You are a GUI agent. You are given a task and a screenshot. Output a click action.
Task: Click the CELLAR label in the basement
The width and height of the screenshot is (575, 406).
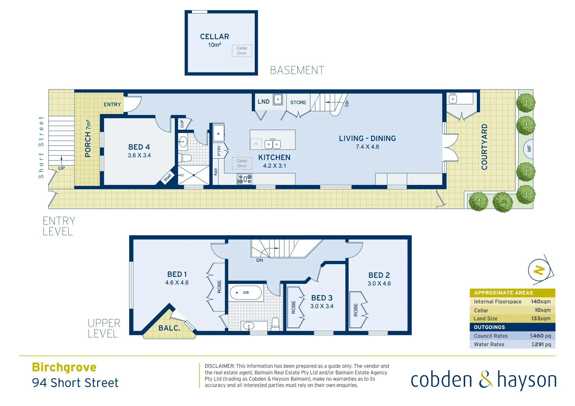(x=214, y=36)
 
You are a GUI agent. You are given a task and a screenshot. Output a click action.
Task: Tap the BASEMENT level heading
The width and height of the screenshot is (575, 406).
(x=297, y=70)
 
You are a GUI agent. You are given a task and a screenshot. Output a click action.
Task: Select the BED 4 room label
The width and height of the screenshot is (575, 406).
(x=139, y=147)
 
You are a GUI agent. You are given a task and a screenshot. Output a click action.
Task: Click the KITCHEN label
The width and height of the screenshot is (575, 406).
(x=274, y=158)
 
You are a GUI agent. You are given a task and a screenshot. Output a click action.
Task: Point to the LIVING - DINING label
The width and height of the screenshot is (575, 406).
(x=367, y=138)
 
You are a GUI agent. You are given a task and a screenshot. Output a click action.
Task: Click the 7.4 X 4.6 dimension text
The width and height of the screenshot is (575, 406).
(x=367, y=147)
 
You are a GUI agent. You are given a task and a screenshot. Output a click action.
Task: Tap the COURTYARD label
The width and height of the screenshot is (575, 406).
(x=484, y=147)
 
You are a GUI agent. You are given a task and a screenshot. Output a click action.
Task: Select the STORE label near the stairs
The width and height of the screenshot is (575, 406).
(x=298, y=102)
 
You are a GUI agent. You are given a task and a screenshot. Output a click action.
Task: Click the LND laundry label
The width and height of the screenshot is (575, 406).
(x=263, y=101)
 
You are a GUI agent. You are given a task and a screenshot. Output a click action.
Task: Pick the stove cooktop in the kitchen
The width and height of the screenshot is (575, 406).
(x=245, y=179)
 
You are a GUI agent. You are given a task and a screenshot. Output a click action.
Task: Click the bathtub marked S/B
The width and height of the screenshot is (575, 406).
(x=246, y=292)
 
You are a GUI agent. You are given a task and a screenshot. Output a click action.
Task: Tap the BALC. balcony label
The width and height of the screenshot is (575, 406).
(x=169, y=328)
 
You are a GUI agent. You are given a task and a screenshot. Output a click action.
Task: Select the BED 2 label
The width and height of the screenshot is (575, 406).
(x=379, y=275)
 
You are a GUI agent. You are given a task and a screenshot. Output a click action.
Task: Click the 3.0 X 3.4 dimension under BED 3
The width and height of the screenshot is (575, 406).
(x=322, y=306)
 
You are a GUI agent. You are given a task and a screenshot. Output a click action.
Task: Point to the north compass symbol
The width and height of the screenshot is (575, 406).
(x=539, y=270)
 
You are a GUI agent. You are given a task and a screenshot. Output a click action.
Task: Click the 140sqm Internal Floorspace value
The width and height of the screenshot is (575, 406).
(x=540, y=301)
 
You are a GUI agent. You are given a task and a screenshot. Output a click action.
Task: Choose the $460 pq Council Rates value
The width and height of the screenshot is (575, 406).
(x=540, y=336)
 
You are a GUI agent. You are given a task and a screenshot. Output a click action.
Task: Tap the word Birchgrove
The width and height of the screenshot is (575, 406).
(x=64, y=367)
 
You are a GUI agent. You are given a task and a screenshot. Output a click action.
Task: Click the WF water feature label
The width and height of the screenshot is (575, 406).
(x=529, y=149)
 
